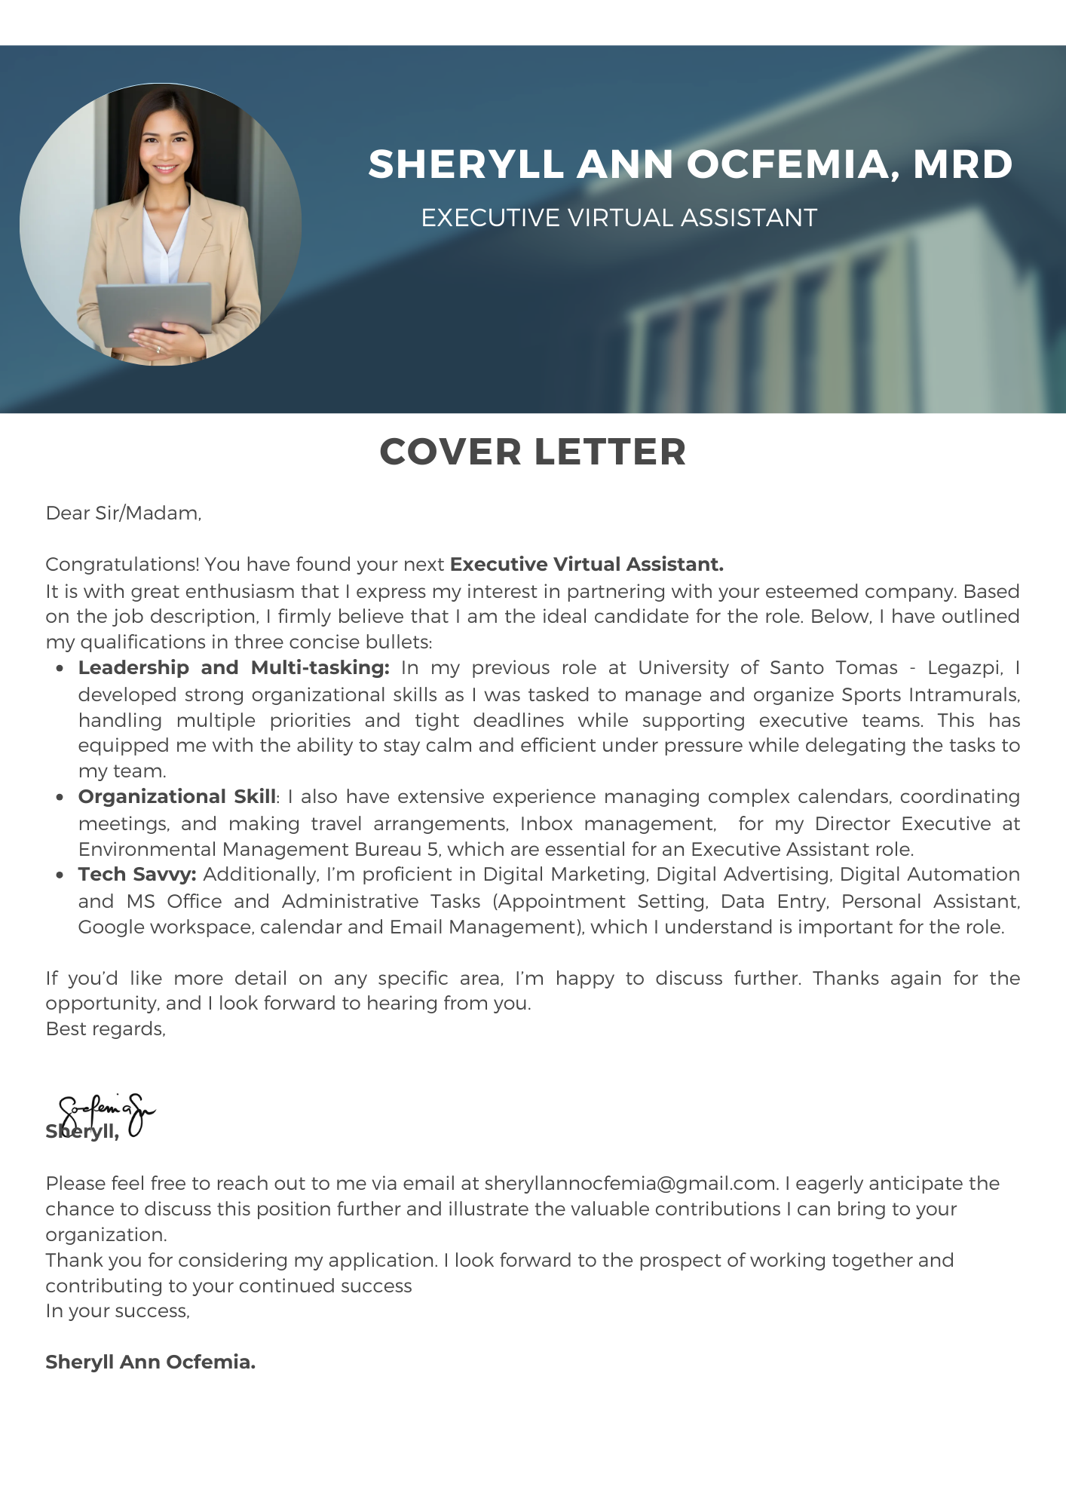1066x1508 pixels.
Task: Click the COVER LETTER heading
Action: point(532,452)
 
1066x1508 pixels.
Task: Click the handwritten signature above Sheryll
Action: point(106,1111)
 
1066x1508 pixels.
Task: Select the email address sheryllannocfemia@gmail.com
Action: point(630,1183)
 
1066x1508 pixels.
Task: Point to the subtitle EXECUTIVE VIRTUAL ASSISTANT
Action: point(618,218)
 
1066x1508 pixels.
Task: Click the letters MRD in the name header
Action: point(963,164)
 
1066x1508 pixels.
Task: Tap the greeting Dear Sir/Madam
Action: point(124,513)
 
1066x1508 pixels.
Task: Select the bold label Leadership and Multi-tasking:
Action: point(234,668)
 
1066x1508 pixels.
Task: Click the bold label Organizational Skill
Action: point(177,797)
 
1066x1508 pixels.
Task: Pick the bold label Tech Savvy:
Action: point(137,875)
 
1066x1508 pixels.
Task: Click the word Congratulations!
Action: point(122,565)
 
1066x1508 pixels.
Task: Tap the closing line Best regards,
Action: point(106,1029)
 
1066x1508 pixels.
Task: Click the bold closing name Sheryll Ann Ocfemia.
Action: point(151,1362)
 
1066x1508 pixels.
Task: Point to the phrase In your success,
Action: point(118,1311)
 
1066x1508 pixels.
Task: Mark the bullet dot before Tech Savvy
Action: point(60,875)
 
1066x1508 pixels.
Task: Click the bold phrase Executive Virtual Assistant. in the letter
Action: point(587,565)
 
